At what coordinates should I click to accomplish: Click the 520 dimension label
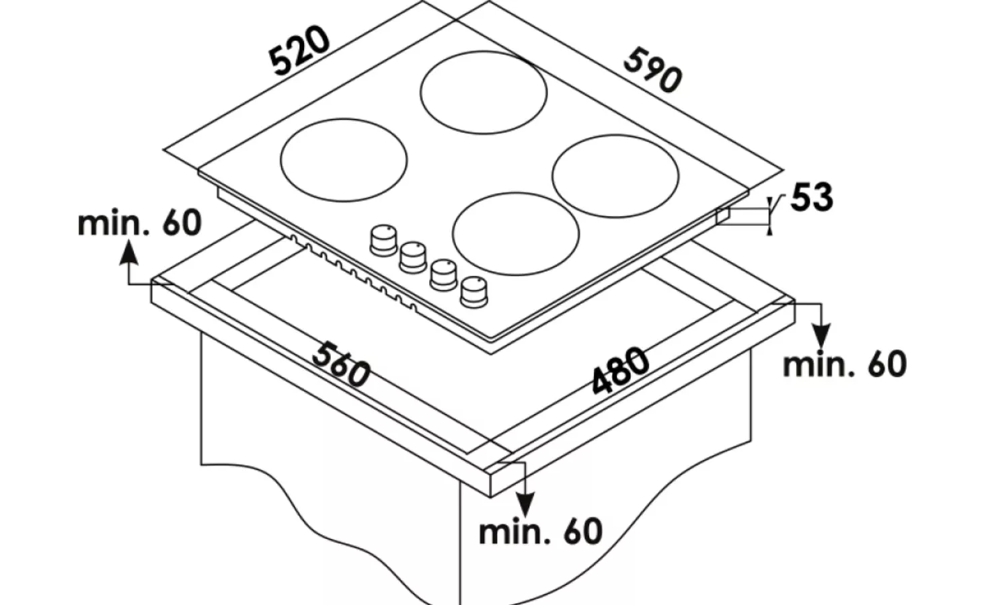coord(301,50)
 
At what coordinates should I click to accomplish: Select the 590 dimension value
coord(652,70)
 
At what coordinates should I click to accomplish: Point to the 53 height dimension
coord(812,198)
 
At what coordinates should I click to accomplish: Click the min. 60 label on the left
coord(139,223)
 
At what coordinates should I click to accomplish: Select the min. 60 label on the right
coord(845,364)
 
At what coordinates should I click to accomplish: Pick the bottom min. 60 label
coord(540,531)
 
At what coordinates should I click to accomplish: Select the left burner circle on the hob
coord(343,159)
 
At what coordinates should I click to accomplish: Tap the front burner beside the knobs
coord(516,231)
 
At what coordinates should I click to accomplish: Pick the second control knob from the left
coord(413,255)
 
